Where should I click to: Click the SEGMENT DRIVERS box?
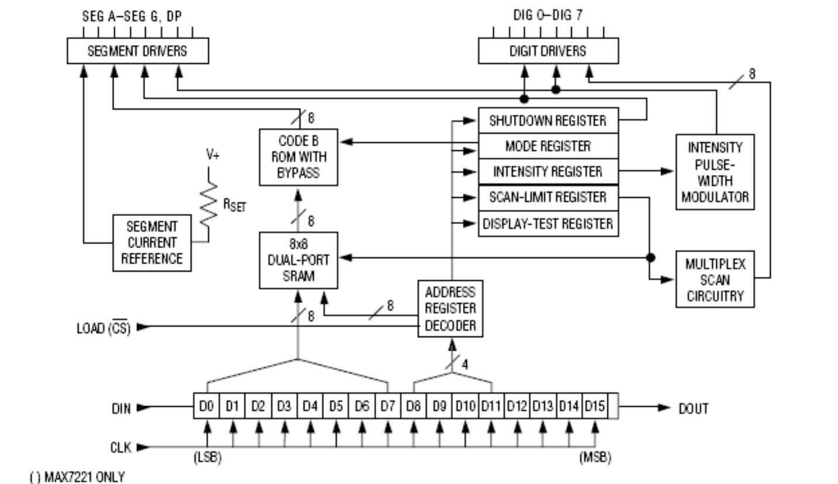(138, 50)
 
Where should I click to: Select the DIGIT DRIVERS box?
(548, 50)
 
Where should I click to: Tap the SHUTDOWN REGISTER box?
(548, 121)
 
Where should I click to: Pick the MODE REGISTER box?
(548, 146)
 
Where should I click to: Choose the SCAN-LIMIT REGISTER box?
(548, 197)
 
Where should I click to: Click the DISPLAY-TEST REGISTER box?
(548, 224)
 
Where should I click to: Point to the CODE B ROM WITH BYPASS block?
(298, 157)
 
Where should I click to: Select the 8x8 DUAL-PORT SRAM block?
(298, 260)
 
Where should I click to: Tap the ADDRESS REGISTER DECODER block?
(450, 308)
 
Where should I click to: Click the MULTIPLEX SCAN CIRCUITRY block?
(715, 279)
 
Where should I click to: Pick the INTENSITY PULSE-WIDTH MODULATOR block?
(715, 172)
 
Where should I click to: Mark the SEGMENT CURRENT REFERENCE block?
(152, 243)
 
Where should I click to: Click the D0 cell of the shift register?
(207, 406)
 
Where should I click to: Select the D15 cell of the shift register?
(595, 406)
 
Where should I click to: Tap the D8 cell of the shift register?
(413, 406)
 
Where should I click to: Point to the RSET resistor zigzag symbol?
(208, 205)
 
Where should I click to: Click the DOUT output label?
(693, 409)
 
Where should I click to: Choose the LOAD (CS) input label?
(104, 328)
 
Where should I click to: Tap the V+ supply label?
(212, 155)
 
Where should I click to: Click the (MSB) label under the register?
(595, 458)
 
